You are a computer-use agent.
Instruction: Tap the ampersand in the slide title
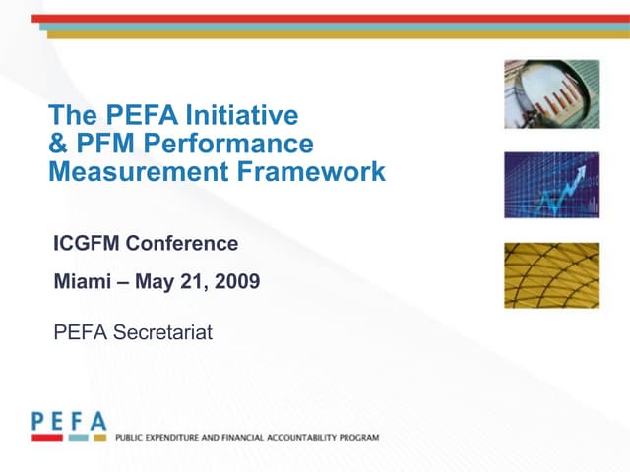click(x=58, y=145)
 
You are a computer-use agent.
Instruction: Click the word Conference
click(x=185, y=242)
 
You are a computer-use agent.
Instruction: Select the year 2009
click(x=236, y=283)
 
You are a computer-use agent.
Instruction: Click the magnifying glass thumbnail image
click(x=551, y=93)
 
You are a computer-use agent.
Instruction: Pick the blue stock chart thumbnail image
click(x=551, y=184)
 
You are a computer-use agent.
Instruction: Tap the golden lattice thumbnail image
click(x=551, y=274)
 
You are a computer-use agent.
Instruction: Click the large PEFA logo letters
click(x=69, y=421)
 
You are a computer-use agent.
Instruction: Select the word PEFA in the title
click(x=129, y=117)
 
